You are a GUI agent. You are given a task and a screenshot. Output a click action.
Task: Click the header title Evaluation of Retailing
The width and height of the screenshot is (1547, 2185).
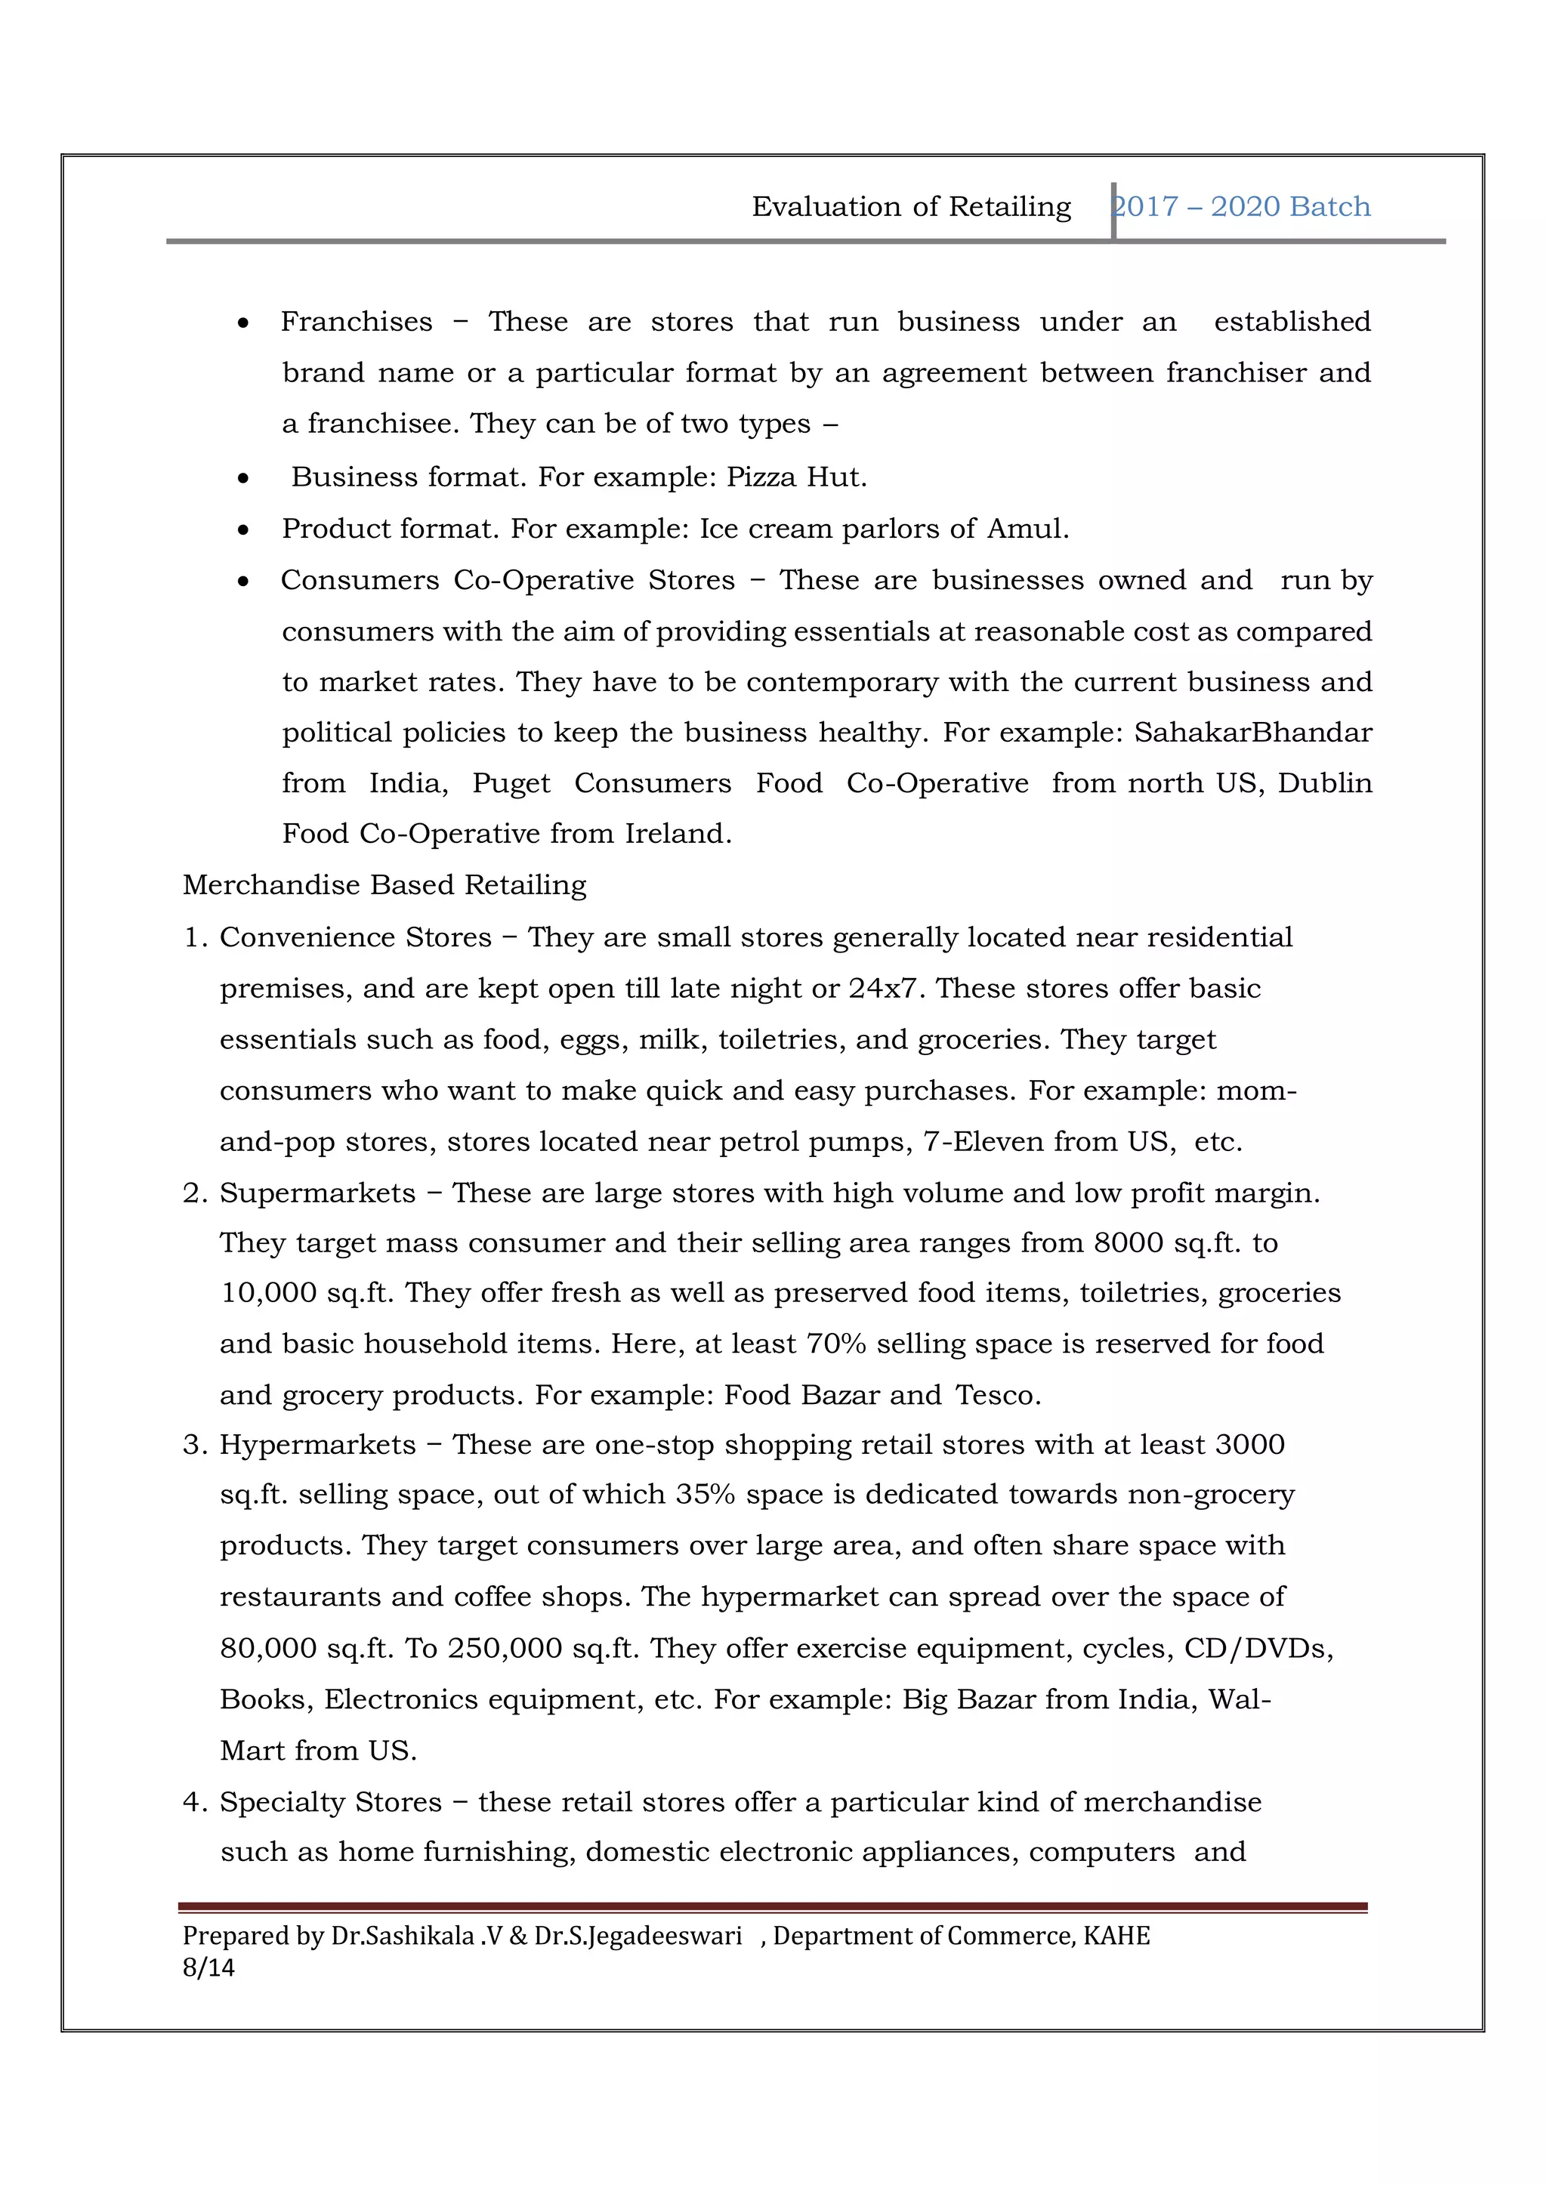point(911,207)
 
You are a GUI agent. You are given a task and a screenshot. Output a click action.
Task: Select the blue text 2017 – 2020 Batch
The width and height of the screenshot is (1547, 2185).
point(1242,207)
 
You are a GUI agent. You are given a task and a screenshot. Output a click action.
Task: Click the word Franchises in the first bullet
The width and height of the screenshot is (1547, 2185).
point(357,322)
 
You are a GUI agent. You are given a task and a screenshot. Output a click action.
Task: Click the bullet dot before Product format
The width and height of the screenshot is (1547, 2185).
point(244,529)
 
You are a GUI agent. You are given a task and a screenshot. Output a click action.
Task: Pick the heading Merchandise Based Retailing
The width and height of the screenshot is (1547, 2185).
point(384,886)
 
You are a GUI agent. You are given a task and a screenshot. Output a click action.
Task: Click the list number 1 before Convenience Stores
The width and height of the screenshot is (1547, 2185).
point(193,938)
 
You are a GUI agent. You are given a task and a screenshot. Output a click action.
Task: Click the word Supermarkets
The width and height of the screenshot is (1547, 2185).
point(317,1193)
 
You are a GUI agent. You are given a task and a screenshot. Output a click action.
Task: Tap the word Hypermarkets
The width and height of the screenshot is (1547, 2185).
point(317,1445)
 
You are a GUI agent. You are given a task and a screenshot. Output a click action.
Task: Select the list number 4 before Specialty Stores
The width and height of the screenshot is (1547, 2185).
point(193,1803)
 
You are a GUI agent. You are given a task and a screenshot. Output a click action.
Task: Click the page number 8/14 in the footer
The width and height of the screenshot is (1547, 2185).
point(208,1967)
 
